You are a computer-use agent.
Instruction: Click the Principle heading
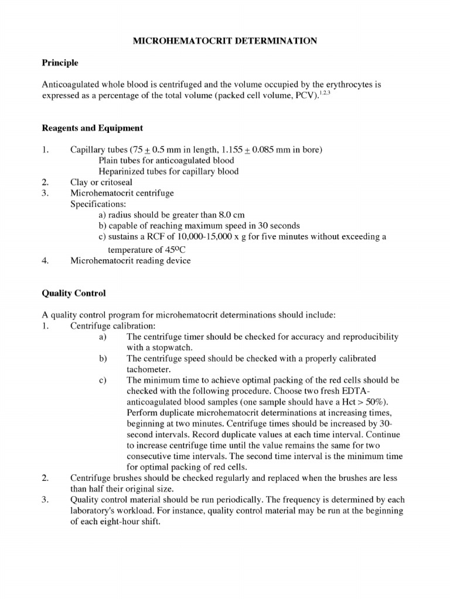click(x=60, y=62)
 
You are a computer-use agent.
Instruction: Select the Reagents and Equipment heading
click(x=91, y=128)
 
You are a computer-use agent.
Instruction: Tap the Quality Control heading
click(x=73, y=292)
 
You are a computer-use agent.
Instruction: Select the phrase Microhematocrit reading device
click(x=130, y=260)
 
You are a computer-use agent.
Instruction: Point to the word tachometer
click(x=148, y=369)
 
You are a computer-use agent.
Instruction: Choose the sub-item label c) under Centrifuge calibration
click(x=103, y=380)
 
